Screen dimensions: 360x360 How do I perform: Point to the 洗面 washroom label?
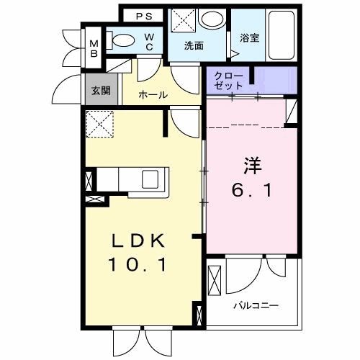194,46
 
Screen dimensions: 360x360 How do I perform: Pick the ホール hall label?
153,94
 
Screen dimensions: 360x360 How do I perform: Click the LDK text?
139,239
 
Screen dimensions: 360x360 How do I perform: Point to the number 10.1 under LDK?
138,264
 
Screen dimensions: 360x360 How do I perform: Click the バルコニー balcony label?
255,305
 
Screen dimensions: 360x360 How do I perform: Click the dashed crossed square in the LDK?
99,123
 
